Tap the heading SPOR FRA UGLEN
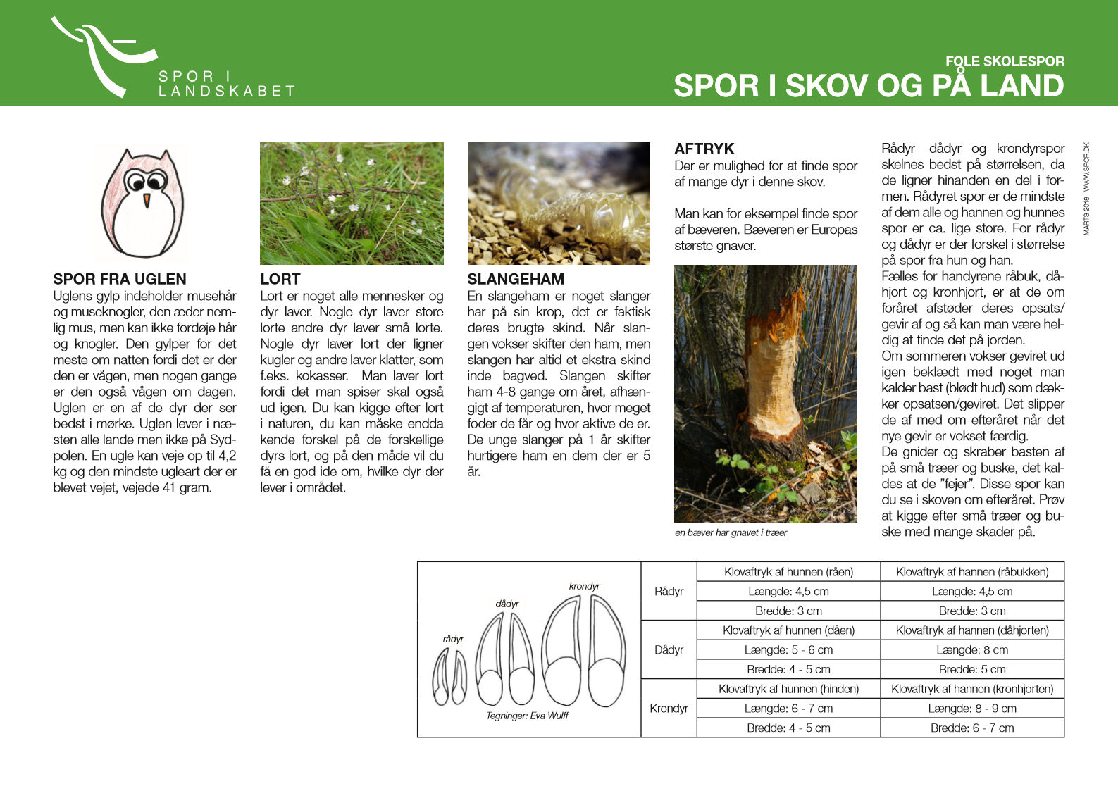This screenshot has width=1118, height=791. click(120, 279)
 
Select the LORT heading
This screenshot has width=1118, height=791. click(280, 279)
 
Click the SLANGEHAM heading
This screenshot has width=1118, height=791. click(516, 279)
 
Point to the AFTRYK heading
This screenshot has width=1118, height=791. click(704, 149)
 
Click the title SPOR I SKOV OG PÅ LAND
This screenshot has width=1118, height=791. click(868, 86)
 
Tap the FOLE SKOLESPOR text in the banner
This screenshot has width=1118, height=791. click(1004, 61)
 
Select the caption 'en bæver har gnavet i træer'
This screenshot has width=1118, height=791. click(731, 532)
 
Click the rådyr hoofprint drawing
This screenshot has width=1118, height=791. click(449, 676)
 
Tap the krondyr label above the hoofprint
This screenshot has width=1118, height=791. click(584, 586)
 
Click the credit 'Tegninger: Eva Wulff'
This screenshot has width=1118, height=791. click(527, 716)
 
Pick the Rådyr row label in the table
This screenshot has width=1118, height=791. click(669, 591)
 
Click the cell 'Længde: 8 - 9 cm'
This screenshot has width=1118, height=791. click(972, 709)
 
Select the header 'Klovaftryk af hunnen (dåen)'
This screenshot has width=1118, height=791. click(788, 630)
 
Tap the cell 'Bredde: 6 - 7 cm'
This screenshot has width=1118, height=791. click(972, 728)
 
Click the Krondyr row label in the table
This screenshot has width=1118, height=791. click(669, 708)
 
